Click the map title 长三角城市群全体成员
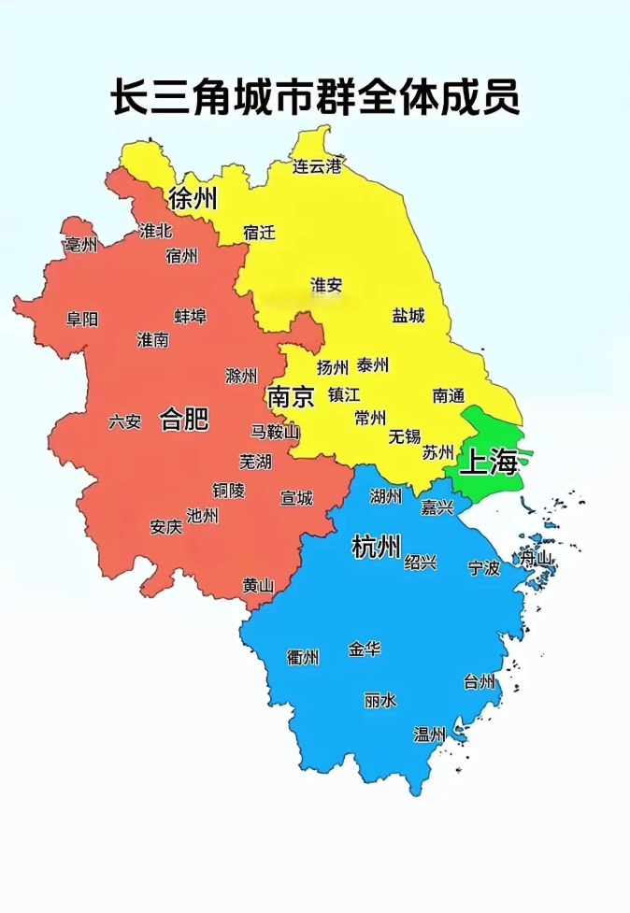point(315,98)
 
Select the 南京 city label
point(291,396)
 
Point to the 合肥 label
point(184,419)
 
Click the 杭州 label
point(377,547)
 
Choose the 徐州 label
point(193,198)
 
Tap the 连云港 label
point(318,167)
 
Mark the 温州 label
point(430,735)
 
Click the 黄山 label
point(258,586)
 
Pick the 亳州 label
point(81,245)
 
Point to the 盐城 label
point(408,315)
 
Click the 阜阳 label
point(82,319)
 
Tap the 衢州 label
point(303,658)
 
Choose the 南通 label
point(449,395)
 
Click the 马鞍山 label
point(276,431)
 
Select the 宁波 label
point(484,567)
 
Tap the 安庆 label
point(165,526)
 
